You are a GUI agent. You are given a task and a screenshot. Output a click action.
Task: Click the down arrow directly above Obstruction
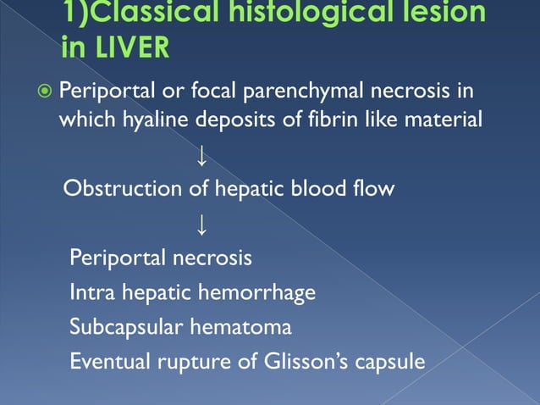coord(201,156)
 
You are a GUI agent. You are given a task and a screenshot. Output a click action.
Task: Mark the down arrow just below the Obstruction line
coord(201,225)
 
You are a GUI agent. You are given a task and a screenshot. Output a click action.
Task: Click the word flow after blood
coord(375,188)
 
